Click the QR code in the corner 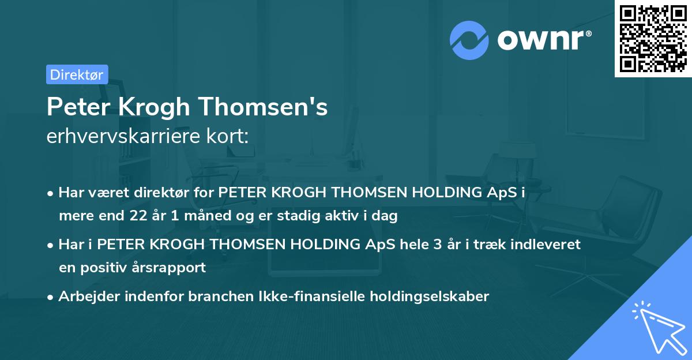tap(653, 39)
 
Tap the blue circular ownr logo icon tap(469, 40)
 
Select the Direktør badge tap(77, 74)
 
